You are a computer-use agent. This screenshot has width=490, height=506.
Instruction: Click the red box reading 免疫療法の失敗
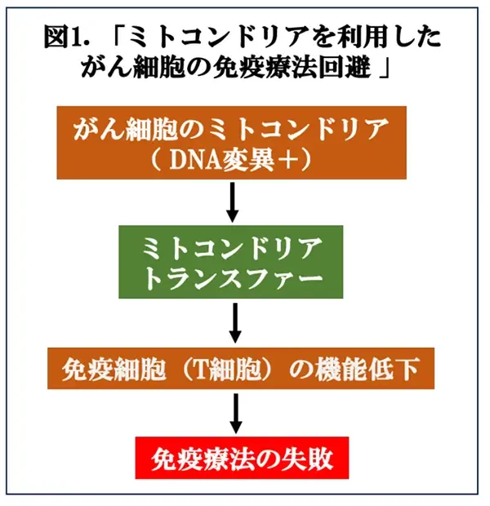(242, 458)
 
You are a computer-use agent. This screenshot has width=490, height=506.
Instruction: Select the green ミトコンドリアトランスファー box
(230, 262)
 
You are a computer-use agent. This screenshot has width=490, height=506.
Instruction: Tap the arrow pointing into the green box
(232, 202)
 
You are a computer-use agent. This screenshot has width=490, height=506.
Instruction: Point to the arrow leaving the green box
(235, 323)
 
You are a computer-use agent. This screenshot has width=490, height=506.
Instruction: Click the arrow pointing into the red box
(236, 414)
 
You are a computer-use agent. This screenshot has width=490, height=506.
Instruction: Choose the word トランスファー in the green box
(232, 279)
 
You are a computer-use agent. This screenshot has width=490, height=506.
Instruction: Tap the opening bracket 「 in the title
(118, 35)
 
